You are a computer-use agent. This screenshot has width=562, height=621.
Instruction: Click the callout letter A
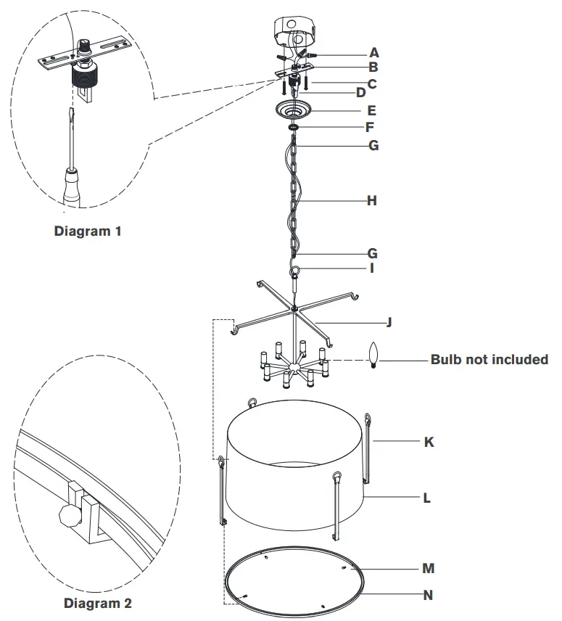pyautogui.click(x=373, y=52)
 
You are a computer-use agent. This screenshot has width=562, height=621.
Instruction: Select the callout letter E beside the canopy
pyautogui.click(x=371, y=111)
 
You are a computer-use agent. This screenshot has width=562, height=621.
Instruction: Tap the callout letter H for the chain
pyautogui.click(x=371, y=200)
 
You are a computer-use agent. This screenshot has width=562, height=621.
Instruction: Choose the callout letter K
pyautogui.click(x=429, y=441)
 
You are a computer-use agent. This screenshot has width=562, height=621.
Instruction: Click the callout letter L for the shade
pyautogui.click(x=427, y=498)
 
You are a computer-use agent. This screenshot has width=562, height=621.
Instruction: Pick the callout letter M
pyautogui.click(x=429, y=569)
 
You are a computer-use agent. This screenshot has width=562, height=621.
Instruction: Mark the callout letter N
pyautogui.click(x=429, y=595)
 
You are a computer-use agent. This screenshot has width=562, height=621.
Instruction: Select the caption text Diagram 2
pyautogui.click(x=98, y=603)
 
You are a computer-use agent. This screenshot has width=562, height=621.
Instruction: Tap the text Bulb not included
pyautogui.click(x=489, y=360)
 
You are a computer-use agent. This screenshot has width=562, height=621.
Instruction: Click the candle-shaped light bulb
pyautogui.click(x=375, y=355)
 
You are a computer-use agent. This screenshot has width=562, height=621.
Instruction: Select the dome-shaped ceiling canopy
pyautogui.click(x=294, y=112)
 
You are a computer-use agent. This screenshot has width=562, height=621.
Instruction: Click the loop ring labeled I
pyautogui.click(x=294, y=273)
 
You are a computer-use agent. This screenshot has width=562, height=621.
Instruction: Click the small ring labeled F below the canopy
pyautogui.click(x=294, y=128)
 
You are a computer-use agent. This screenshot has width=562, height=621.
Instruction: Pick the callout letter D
pyautogui.click(x=360, y=92)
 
